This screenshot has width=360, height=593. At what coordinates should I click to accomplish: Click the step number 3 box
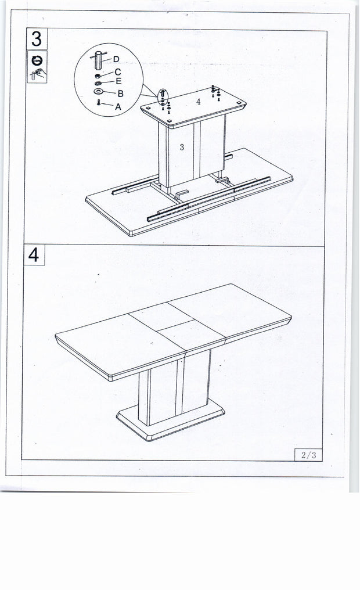[37, 39]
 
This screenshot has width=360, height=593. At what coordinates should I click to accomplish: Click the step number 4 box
[35, 255]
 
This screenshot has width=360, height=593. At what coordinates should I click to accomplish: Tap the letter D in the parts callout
[116, 59]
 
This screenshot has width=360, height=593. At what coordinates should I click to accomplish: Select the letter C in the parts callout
[118, 71]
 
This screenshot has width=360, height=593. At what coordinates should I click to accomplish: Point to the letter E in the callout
[118, 81]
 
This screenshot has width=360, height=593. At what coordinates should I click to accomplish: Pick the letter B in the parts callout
[120, 93]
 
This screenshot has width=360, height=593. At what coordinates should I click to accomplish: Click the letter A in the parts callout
[118, 106]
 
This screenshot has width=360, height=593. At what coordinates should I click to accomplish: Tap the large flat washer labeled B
[98, 92]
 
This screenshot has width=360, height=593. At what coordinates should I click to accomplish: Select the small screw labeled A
[99, 102]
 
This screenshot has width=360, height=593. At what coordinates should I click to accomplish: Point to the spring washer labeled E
[98, 82]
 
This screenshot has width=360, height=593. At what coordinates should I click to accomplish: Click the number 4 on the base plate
[198, 102]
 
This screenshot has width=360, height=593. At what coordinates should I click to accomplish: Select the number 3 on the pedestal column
[182, 148]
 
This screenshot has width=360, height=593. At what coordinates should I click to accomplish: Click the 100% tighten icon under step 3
[37, 59]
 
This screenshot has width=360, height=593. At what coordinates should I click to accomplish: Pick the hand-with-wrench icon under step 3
[37, 74]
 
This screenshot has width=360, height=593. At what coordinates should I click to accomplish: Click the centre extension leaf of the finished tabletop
[177, 328]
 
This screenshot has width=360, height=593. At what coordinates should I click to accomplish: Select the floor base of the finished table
[171, 419]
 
